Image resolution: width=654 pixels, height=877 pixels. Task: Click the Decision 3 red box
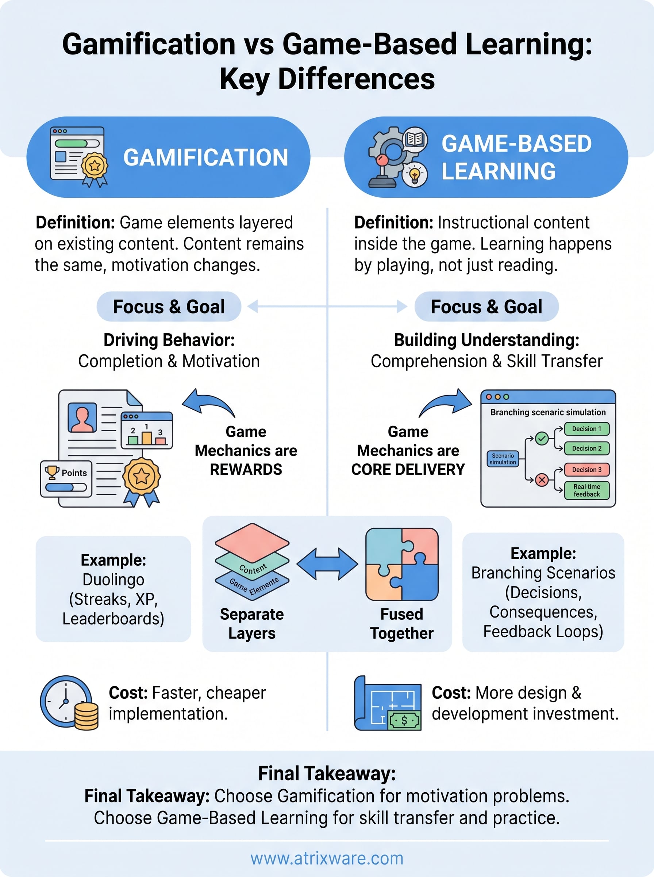(x=586, y=470)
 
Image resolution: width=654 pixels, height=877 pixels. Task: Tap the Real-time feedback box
(x=586, y=490)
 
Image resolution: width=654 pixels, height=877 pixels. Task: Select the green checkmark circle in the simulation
(x=542, y=438)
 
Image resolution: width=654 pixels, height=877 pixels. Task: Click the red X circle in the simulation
(x=542, y=480)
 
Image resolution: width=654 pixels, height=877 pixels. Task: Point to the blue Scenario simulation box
(x=503, y=459)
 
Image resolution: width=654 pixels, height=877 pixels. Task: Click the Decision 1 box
(x=586, y=429)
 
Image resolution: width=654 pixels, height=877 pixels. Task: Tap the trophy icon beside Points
(x=52, y=472)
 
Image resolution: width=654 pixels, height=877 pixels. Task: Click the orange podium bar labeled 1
(x=146, y=437)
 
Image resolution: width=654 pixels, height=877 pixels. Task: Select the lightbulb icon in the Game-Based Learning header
(x=415, y=174)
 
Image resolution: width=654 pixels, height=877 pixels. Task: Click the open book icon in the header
(x=415, y=140)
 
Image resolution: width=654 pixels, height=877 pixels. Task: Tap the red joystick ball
(x=382, y=160)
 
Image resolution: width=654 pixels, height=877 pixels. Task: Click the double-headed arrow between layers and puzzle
(x=327, y=564)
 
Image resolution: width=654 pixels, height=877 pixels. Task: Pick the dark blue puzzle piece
(x=420, y=582)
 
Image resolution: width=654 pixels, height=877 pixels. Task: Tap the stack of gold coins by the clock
(x=86, y=716)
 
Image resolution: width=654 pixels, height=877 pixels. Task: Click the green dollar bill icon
(x=404, y=720)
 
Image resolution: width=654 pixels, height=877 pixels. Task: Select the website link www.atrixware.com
(x=327, y=858)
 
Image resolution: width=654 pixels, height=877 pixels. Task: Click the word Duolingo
(x=113, y=580)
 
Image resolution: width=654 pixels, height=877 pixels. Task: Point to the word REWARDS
(x=246, y=470)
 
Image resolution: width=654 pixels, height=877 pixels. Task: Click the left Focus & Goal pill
(x=169, y=307)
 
